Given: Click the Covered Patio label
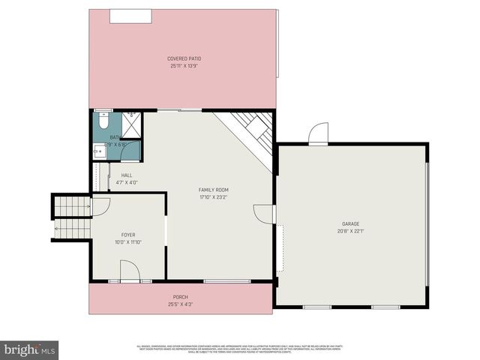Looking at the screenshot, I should coord(184,58).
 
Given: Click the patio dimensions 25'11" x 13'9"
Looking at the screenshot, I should coord(184,66).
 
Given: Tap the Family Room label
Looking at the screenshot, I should coord(214,190).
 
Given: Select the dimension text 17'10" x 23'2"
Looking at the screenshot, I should coord(214,197).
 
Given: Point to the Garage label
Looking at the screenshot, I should coord(351,223).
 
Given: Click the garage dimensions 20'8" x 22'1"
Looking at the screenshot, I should coord(351,231).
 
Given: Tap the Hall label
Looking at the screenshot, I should coord(127,175).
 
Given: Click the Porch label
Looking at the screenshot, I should coord(181,297).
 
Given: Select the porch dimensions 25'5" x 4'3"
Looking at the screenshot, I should coord(181,304).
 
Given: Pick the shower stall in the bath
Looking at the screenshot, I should coord(132,123).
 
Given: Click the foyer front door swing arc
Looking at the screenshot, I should coord(128,271).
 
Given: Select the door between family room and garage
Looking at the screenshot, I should coord(264,214).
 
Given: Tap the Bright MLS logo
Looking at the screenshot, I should coord(30,349).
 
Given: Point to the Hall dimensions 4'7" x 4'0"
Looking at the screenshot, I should coord(127,182).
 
